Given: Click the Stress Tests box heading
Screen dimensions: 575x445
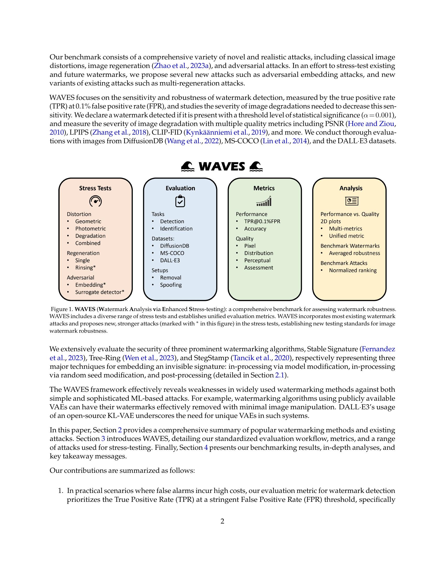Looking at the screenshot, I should tap(95, 188).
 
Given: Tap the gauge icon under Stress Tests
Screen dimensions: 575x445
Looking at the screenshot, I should tap(96, 202).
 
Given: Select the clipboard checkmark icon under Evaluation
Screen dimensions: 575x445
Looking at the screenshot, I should tap(180, 201).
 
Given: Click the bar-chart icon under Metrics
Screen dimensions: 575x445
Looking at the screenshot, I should tap(264, 201).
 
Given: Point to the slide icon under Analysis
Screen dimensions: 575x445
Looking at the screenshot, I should tap(351, 201).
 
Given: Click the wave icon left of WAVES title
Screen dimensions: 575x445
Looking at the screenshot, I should tap(188, 167).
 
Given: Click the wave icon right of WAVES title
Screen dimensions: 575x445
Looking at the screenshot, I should tap(256, 167).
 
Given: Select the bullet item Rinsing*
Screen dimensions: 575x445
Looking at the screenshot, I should tap(85, 268).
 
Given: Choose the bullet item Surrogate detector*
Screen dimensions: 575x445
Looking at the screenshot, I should tap(100, 292).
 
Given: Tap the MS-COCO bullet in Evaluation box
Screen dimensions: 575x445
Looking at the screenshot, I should tap(172, 253).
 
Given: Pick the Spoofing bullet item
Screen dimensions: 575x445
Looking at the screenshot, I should tap(171, 285).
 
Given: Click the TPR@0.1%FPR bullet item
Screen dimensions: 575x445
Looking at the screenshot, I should tap(262, 221).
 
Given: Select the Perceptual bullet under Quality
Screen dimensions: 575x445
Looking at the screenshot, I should tap(257, 260).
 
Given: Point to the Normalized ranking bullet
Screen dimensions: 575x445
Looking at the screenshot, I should tap(353, 271).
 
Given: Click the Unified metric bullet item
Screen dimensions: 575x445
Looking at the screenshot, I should tap(346, 236).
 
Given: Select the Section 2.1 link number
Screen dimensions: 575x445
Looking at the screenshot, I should tap(280, 375).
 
